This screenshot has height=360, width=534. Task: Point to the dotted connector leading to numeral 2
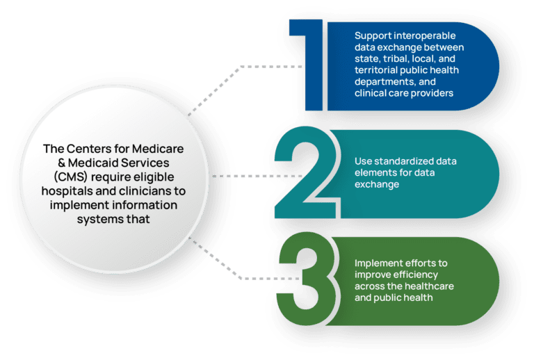[x=236, y=174]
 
